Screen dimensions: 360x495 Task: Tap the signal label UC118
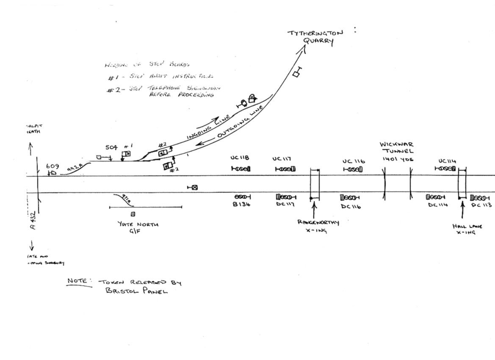[x=240, y=158]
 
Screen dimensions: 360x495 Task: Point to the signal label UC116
[x=354, y=161]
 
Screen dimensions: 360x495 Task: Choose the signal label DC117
[x=285, y=205]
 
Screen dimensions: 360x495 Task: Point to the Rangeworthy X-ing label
[x=318, y=226]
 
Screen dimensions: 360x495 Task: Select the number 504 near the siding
[x=112, y=147]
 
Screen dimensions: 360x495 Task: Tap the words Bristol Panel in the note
[x=136, y=291]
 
